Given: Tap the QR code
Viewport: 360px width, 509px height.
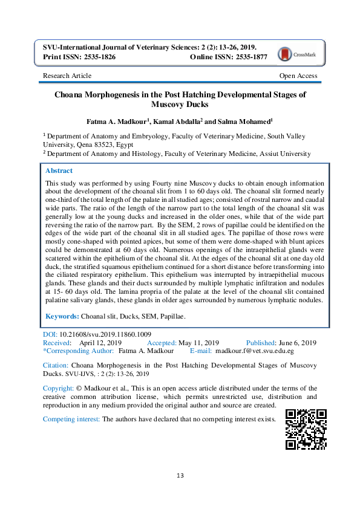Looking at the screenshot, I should (306, 429).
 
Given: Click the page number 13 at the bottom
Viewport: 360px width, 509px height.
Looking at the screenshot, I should (180, 476).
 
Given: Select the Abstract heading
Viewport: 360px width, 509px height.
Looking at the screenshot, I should (59, 171).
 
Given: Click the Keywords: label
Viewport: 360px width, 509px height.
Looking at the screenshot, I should (62, 316).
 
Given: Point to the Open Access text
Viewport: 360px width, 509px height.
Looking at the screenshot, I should (298, 76).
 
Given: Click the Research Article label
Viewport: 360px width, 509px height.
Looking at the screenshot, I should (67, 76).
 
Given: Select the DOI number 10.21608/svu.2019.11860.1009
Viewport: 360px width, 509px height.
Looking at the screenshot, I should (105, 334).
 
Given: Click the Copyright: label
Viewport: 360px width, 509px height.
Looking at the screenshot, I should (59, 387).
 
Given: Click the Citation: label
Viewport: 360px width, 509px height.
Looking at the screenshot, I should (55, 366).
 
